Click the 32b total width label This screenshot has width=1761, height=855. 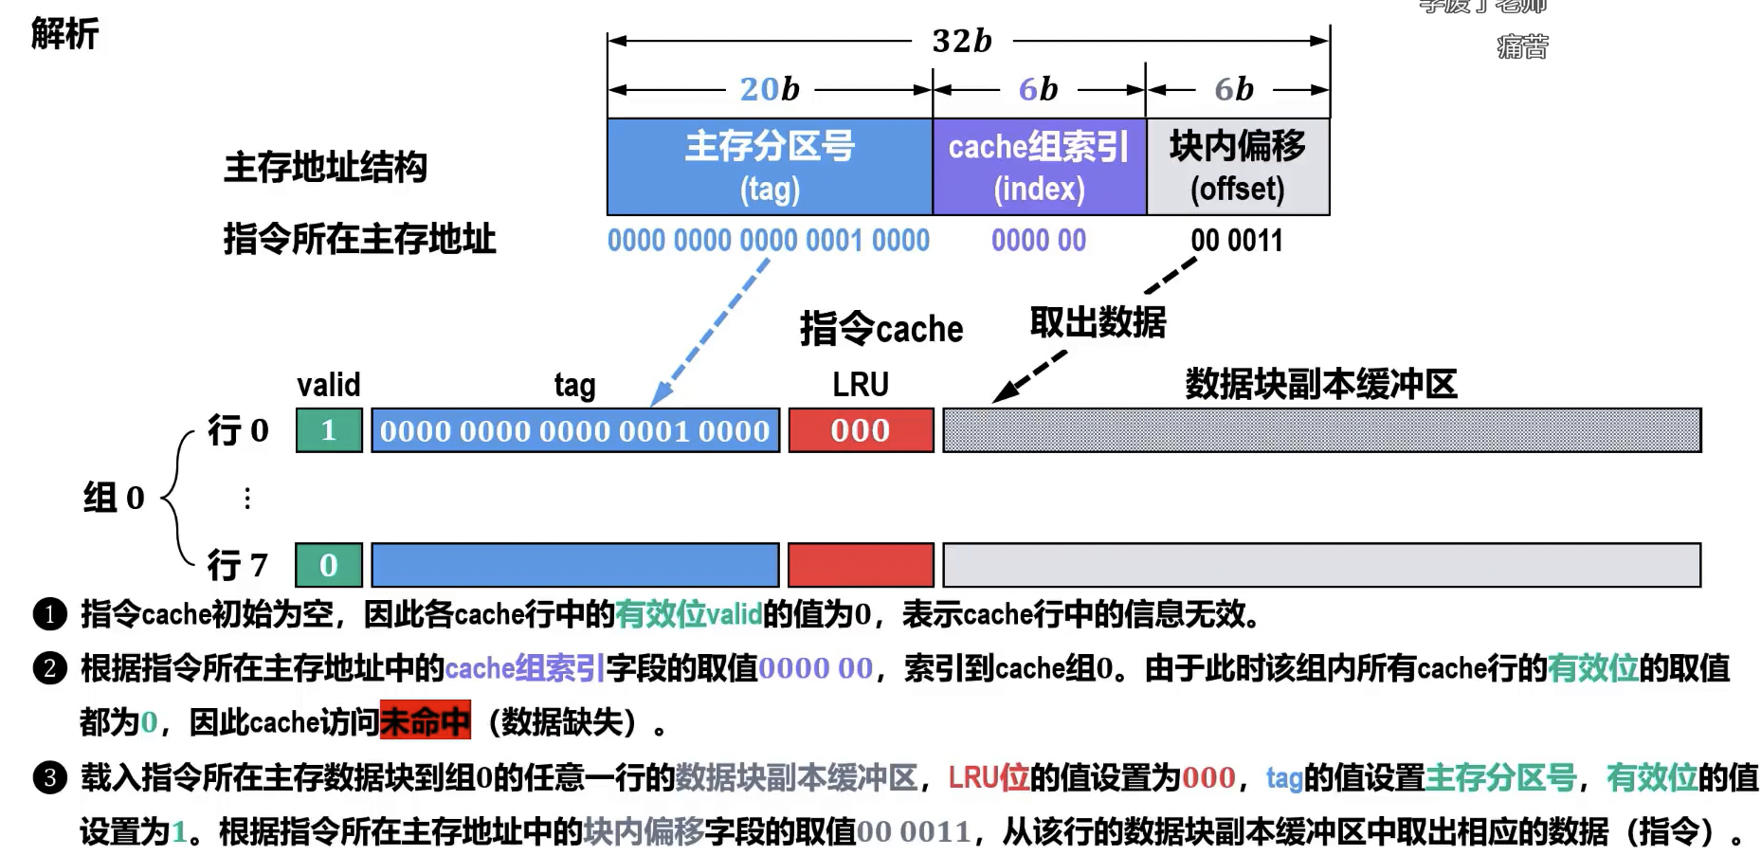click(x=961, y=41)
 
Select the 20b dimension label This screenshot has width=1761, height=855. click(x=770, y=89)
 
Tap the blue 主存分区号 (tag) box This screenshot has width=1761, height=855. click(x=770, y=167)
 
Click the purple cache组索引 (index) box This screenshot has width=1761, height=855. click(x=1039, y=167)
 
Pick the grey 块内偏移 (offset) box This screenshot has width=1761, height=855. click(x=1237, y=167)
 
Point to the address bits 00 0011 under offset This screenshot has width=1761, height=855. click(x=1236, y=241)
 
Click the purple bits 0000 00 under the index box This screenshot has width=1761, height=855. click(x=1039, y=241)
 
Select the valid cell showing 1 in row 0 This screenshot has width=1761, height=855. click(x=329, y=430)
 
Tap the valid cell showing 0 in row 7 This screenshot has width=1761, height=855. click(x=329, y=565)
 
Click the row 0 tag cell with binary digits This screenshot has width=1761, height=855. click(x=574, y=430)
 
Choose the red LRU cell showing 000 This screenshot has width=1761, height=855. click(x=861, y=430)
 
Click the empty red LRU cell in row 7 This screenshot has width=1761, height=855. click(x=861, y=565)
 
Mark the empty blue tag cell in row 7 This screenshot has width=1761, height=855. click(x=574, y=565)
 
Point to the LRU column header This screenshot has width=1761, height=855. click(x=861, y=385)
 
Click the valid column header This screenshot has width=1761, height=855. click(x=328, y=385)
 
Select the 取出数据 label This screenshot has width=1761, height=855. click(x=1098, y=322)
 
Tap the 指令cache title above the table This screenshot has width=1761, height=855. click(x=881, y=329)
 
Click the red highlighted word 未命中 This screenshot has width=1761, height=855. click(x=425, y=722)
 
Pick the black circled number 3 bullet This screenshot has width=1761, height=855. click(x=50, y=778)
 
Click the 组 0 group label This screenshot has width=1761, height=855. click(x=114, y=497)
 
